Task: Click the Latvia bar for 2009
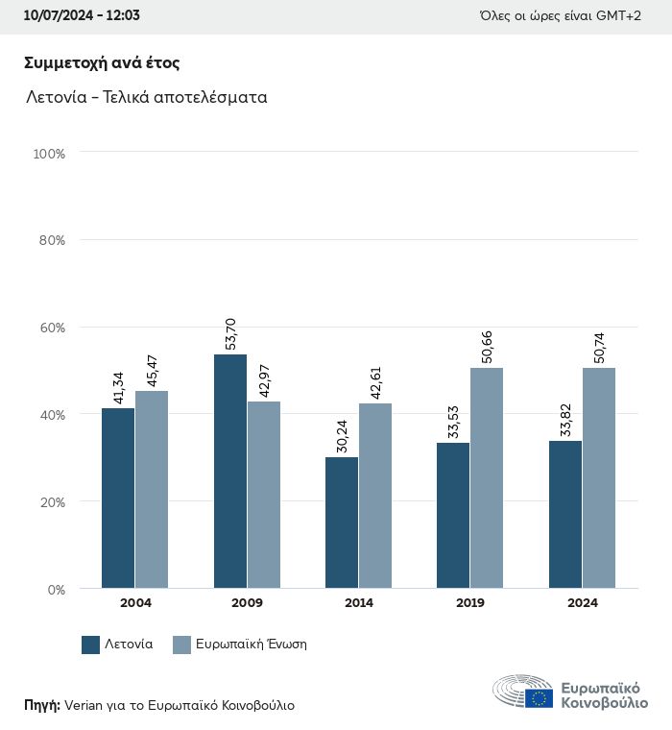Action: pos(230,471)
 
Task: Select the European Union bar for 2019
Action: pos(487,477)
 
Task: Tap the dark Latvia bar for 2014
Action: pos(342,523)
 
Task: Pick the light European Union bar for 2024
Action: pos(598,477)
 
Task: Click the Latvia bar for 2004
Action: pos(118,498)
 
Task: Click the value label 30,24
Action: pos(343,436)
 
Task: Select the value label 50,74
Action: pos(600,347)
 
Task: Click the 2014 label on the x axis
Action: pos(359,603)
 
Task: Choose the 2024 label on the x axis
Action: pos(582,603)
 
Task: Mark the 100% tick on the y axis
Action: pos(48,154)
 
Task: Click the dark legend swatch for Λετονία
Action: pos(91,645)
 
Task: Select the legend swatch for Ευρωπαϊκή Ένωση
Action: pos(181,645)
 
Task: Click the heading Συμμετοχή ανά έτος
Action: pos(102,63)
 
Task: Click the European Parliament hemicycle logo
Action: pos(523,692)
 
